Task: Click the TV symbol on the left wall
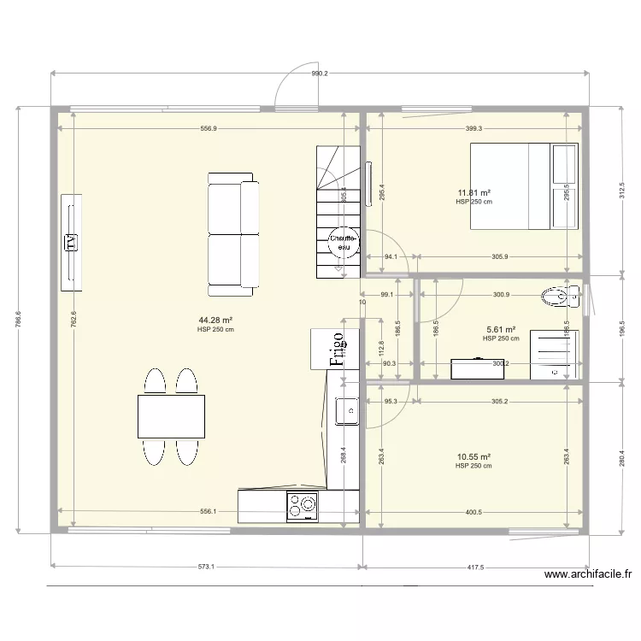[72, 242]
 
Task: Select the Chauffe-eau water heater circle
[344, 243]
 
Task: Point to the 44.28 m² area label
[215, 320]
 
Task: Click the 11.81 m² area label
[473, 193]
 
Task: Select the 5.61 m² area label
[501, 329]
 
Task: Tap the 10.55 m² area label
[473, 457]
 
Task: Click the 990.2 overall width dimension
[320, 74]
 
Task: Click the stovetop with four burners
[303, 506]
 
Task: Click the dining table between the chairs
[171, 416]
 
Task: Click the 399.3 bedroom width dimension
[474, 128]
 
